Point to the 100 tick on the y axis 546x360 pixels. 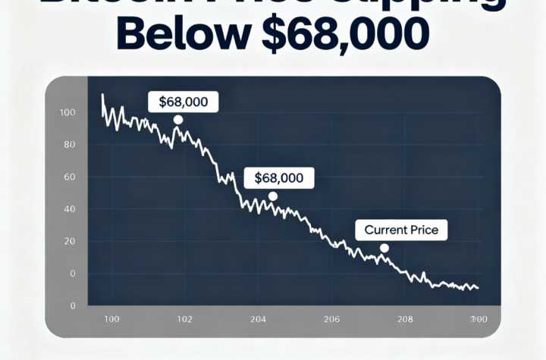click(67, 113)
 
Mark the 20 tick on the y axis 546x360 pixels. click(70, 241)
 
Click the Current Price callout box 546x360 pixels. click(402, 229)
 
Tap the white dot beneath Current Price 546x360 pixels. click(384, 248)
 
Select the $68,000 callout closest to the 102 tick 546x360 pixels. click(184, 102)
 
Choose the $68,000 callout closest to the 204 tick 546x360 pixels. click(278, 179)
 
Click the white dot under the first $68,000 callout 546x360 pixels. click(177, 120)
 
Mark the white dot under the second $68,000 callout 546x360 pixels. click(273, 196)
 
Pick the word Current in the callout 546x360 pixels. click(384, 229)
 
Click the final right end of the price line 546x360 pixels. click(479, 288)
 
